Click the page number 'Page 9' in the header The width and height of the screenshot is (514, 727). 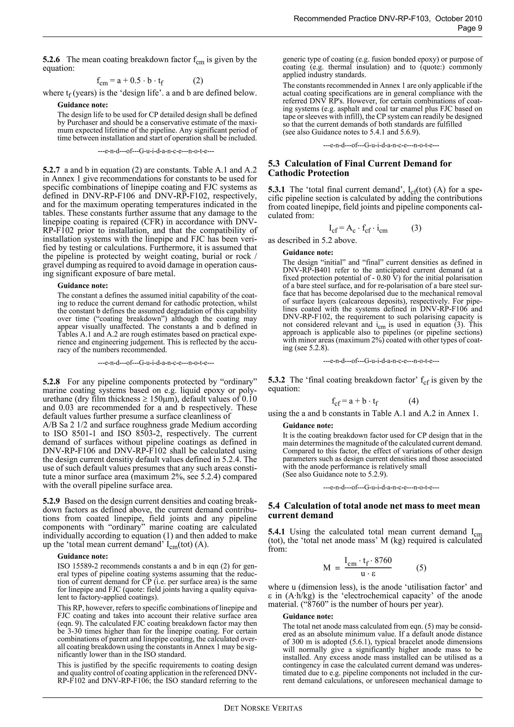[x=470, y=28]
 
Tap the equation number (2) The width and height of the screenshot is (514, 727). [x=198, y=81]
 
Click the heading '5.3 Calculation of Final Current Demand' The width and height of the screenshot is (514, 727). [x=360, y=168]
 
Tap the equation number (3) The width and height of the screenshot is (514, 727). [x=416, y=228]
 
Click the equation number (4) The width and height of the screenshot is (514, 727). [x=413, y=401]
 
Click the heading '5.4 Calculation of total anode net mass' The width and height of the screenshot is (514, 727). [x=374, y=511]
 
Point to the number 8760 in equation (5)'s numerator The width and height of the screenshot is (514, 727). [x=383, y=560]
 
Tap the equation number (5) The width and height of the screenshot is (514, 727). [x=421, y=568]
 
